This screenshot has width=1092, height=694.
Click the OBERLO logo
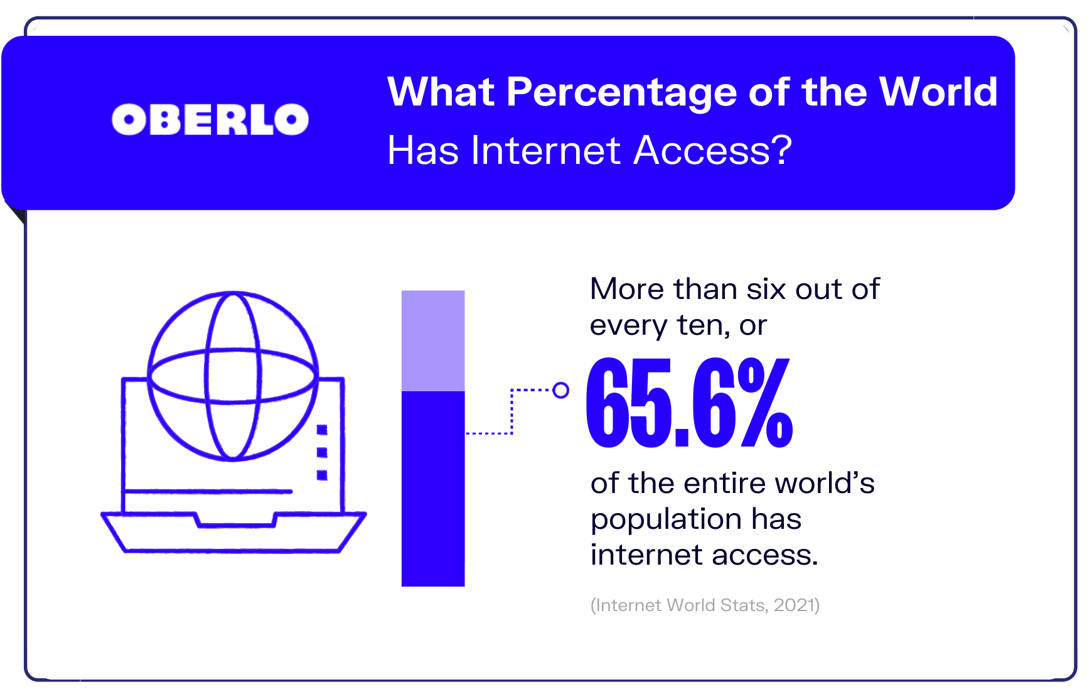[x=210, y=119]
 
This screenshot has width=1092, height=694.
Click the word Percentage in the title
[x=621, y=92]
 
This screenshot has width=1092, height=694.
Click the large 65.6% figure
[x=689, y=402]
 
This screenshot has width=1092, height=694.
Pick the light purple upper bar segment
[x=433, y=340]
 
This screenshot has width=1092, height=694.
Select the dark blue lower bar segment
[x=433, y=489]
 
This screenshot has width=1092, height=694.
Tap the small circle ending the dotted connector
[x=561, y=390]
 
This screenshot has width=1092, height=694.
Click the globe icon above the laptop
[x=233, y=376]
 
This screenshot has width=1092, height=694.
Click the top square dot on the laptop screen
[x=322, y=430]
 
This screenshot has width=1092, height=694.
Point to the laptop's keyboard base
[x=233, y=533]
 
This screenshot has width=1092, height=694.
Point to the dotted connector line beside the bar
[x=511, y=411]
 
